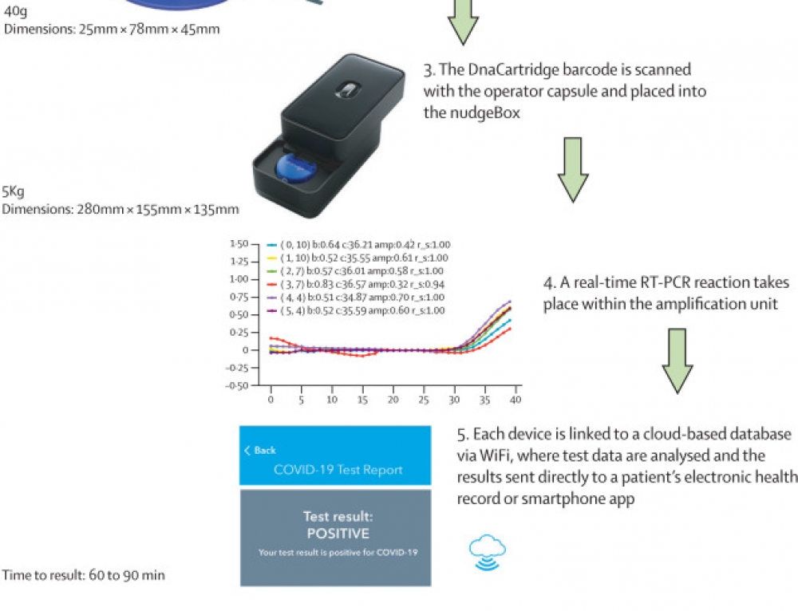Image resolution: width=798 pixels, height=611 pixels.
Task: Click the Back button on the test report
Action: click(260, 451)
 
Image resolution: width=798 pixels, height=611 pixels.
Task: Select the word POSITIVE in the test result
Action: click(338, 534)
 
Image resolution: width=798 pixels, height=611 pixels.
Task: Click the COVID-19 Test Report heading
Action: click(338, 470)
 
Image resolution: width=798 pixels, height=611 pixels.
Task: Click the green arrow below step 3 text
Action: click(574, 169)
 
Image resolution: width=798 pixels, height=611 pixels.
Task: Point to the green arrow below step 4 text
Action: click(678, 361)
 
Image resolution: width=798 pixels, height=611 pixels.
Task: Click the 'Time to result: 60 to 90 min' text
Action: click(84, 574)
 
